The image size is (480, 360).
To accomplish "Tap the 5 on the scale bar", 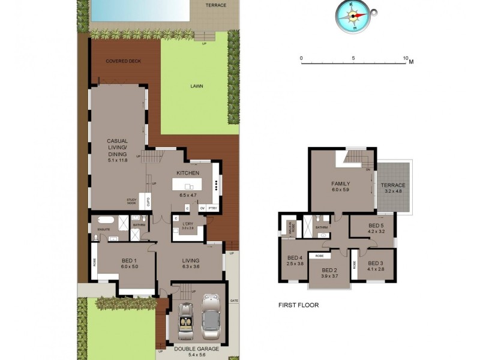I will click(x=354, y=58).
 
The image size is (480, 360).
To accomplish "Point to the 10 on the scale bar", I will click(x=406, y=58).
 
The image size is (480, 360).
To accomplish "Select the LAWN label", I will click(x=197, y=86).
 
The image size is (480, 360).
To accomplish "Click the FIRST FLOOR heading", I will click(x=298, y=305).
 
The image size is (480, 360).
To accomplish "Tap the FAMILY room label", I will click(x=341, y=184).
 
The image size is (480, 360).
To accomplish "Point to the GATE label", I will click(x=234, y=300).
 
